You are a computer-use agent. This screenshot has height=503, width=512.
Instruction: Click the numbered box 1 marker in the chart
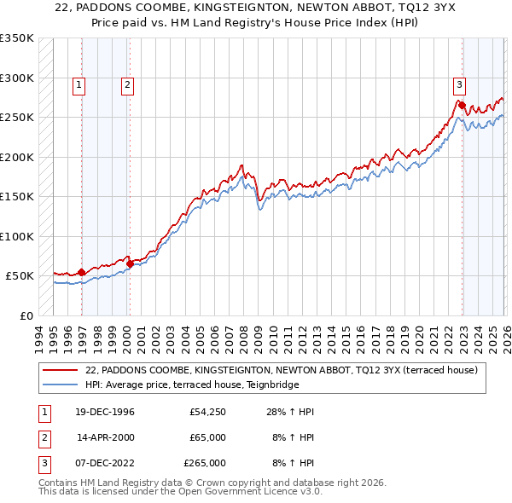click(79, 84)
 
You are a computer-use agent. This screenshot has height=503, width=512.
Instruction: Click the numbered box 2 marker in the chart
click(127, 84)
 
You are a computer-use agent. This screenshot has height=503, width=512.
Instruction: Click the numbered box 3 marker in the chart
click(459, 84)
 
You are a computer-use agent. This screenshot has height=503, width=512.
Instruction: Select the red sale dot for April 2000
click(130, 264)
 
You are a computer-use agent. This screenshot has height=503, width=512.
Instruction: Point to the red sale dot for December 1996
click(82, 273)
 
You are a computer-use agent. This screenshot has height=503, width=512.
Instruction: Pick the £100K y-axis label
click(17, 236)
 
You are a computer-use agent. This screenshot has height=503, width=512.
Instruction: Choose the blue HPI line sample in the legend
click(61, 384)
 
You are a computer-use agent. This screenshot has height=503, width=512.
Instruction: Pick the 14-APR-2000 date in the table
click(105, 437)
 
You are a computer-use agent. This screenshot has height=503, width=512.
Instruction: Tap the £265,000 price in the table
click(205, 463)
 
